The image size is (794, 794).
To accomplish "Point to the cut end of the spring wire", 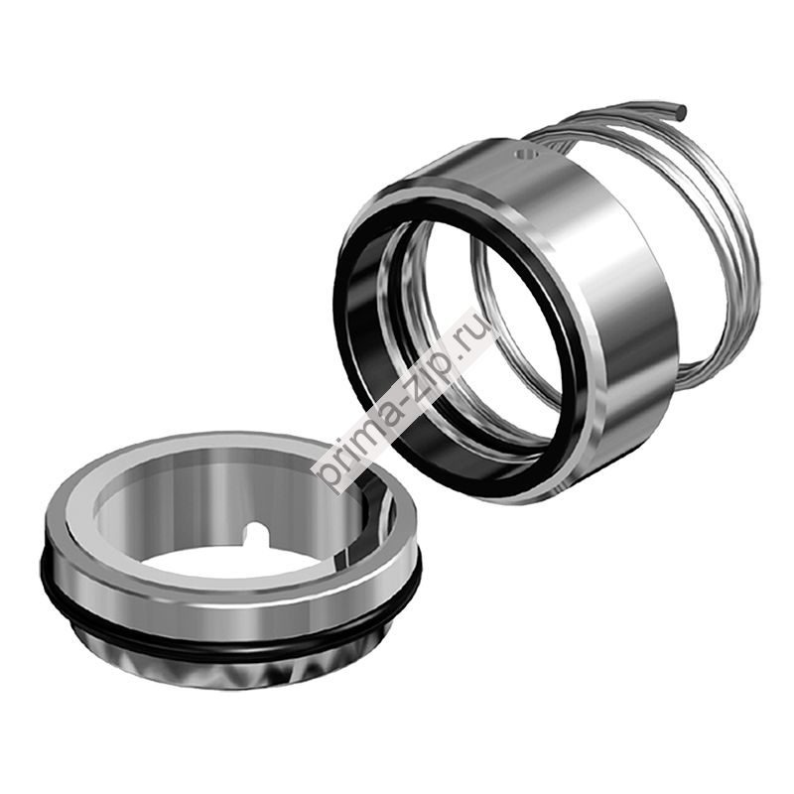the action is tap(681, 109).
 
